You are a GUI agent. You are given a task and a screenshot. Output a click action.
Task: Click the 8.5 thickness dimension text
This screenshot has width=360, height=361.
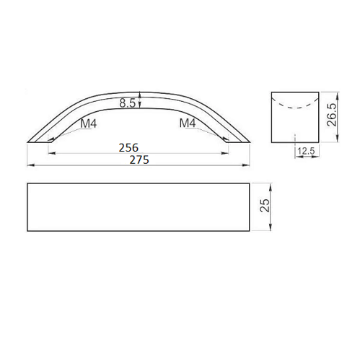point(128,103)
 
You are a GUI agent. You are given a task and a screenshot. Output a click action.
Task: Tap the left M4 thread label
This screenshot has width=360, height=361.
point(89,123)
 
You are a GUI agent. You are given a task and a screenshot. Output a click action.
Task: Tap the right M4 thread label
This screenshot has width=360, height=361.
point(188,123)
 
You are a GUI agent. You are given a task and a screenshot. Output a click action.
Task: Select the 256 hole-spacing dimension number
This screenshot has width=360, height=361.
point(128,147)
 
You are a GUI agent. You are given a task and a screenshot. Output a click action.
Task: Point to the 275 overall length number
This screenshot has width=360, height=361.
point(139,160)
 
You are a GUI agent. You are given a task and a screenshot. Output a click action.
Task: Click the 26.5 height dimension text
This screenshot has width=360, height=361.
point(332,115)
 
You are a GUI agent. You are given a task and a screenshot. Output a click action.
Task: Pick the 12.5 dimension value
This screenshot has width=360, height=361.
point(306,151)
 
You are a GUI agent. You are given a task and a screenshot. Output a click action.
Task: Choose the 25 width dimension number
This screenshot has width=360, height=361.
point(265,205)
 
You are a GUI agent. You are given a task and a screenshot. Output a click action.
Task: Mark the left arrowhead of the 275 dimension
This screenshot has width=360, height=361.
point(30,165)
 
